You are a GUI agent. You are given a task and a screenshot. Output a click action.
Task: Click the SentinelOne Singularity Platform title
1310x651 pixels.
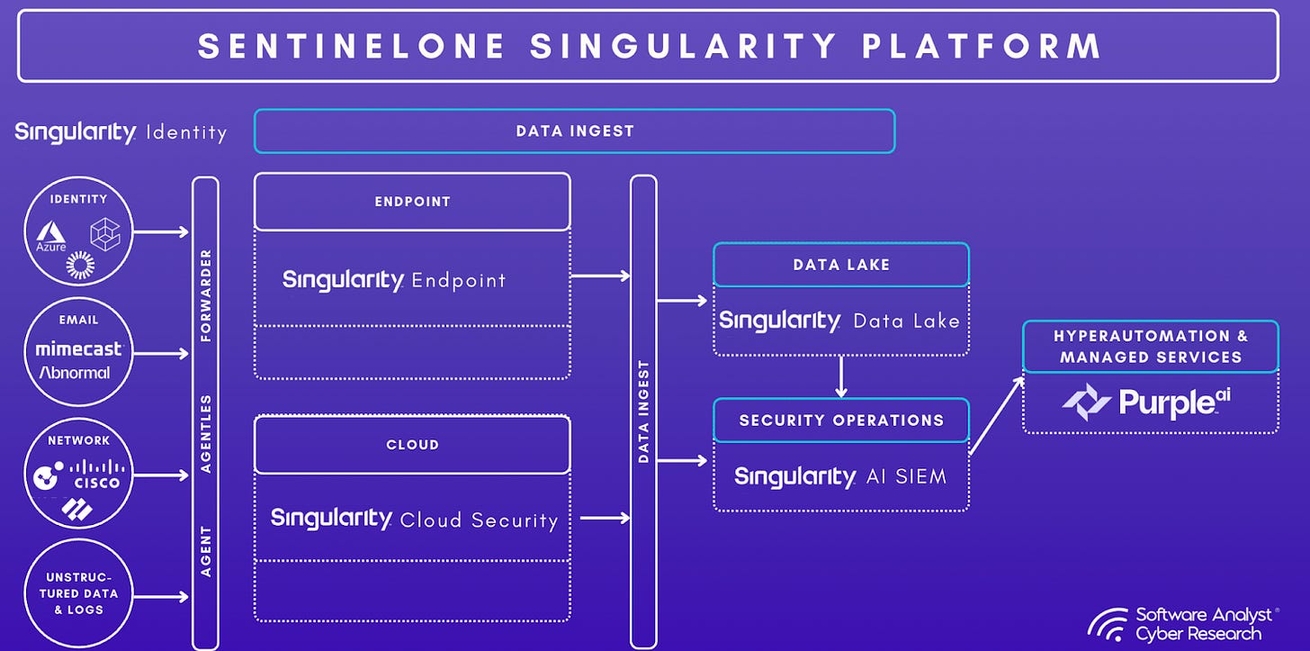click(649, 46)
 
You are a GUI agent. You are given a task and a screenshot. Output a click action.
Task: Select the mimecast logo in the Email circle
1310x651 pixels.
click(79, 349)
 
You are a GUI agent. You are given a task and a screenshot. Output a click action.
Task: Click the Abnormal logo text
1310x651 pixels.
click(75, 372)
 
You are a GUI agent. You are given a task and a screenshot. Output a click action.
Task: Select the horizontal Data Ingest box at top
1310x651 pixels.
click(574, 131)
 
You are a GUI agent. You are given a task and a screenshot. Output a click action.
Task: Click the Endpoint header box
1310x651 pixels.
click(412, 202)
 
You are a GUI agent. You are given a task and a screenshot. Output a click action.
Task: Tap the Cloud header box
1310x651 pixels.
click(412, 445)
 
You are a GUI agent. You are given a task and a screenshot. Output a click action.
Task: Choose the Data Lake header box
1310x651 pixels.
click(841, 265)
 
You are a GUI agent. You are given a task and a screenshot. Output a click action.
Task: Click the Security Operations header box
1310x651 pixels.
click(841, 420)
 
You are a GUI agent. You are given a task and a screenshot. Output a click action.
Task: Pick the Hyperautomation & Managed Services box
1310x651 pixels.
click(1150, 347)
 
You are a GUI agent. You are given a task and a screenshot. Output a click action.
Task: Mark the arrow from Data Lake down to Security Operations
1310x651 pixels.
click(841, 376)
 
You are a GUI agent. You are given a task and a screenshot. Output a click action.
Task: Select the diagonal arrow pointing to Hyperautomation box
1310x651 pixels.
click(997, 415)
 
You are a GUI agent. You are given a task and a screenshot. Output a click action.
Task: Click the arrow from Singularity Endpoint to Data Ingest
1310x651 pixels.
click(600, 276)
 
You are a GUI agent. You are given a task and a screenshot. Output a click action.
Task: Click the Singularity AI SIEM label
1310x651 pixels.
click(840, 476)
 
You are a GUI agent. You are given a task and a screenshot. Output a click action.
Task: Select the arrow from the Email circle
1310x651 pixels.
click(161, 354)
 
